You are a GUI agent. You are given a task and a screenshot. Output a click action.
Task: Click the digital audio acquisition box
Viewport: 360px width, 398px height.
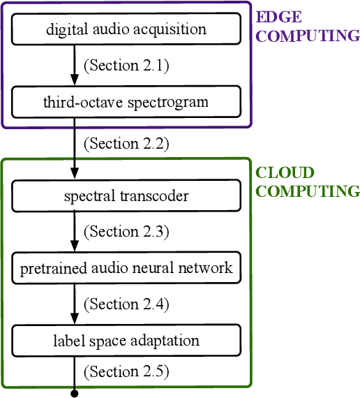pos(126,29)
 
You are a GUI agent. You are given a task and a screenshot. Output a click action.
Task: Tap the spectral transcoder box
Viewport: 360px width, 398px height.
pos(126,196)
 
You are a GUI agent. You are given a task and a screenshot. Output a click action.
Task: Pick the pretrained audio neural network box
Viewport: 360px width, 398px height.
pos(126,269)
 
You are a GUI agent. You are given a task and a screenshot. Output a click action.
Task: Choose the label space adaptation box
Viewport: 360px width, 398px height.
pos(126,341)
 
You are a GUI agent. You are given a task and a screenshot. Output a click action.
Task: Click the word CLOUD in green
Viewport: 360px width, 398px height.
pos(285,172)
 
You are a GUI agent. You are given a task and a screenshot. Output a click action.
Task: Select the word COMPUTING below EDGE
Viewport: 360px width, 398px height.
pos(308,36)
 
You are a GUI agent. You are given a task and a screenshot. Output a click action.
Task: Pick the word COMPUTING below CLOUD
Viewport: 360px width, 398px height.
pos(308,191)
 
